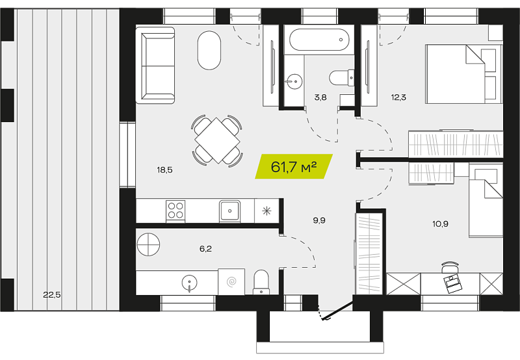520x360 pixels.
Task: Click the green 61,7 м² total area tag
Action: [x=294, y=166]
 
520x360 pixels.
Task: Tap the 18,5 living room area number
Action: [x=165, y=170]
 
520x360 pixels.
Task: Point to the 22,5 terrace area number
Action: [x=52, y=294]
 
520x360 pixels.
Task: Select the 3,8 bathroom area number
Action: [x=320, y=97]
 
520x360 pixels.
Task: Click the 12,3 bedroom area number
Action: [x=398, y=97]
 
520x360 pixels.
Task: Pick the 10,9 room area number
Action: [x=441, y=224]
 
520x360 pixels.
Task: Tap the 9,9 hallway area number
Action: [x=319, y=220]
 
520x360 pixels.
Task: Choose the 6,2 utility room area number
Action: [x=205, y=249]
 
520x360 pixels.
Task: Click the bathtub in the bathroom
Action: [x=319, y=40]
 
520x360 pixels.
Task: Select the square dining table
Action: [x=217, y=140]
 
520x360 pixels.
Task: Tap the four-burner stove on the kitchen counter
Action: [x=175, y=211]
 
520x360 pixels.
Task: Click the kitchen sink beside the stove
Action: [x=229, y=211]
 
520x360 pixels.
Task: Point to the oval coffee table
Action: [x=209, y=51]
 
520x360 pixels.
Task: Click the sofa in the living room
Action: [x=155, y=65]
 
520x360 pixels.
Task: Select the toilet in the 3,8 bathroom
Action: [x=342, y=78]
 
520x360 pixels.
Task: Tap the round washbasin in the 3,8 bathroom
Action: [x=294, y=81]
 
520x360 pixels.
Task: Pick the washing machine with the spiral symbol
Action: [x=231, y=282]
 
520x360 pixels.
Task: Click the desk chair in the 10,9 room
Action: [x=450, y=267]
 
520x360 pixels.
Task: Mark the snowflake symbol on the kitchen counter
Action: [x=267, y=211]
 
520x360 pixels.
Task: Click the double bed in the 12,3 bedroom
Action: [x=464, y=74]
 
